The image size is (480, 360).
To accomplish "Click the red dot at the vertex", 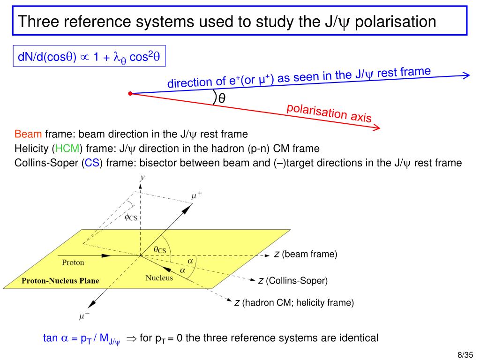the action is pos(130,93).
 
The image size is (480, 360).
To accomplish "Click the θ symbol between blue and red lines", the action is pos(222,98).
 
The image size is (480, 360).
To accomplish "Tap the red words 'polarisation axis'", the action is pos(329,113).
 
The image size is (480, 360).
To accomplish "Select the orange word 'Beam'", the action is pos(28,134).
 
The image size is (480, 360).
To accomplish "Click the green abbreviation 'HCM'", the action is pos(67,149).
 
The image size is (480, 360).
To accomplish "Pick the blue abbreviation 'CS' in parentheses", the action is pos(92,163).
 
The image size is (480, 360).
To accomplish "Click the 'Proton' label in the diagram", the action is pos(73,262).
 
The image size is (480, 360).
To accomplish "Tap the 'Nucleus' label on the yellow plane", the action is pos(159,277).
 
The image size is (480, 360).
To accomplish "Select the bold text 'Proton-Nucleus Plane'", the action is pos(60,281).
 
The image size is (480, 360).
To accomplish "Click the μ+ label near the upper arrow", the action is pos(197,195).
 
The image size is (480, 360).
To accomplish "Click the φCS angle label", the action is pos(131,217).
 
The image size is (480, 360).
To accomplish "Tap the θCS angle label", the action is pos(160,250).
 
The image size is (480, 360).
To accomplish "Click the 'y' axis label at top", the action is pos(142,177).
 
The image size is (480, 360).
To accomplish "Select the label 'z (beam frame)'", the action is pos(306,254).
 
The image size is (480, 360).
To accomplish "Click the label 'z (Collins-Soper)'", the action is pos(293,280).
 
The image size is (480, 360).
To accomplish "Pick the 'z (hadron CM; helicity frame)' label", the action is pos(294,302).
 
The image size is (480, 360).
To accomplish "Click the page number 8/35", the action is pos(465,355).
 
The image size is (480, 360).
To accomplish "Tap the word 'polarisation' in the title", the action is pos(396,22).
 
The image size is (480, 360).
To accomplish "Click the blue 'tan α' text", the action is pos(56,338).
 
